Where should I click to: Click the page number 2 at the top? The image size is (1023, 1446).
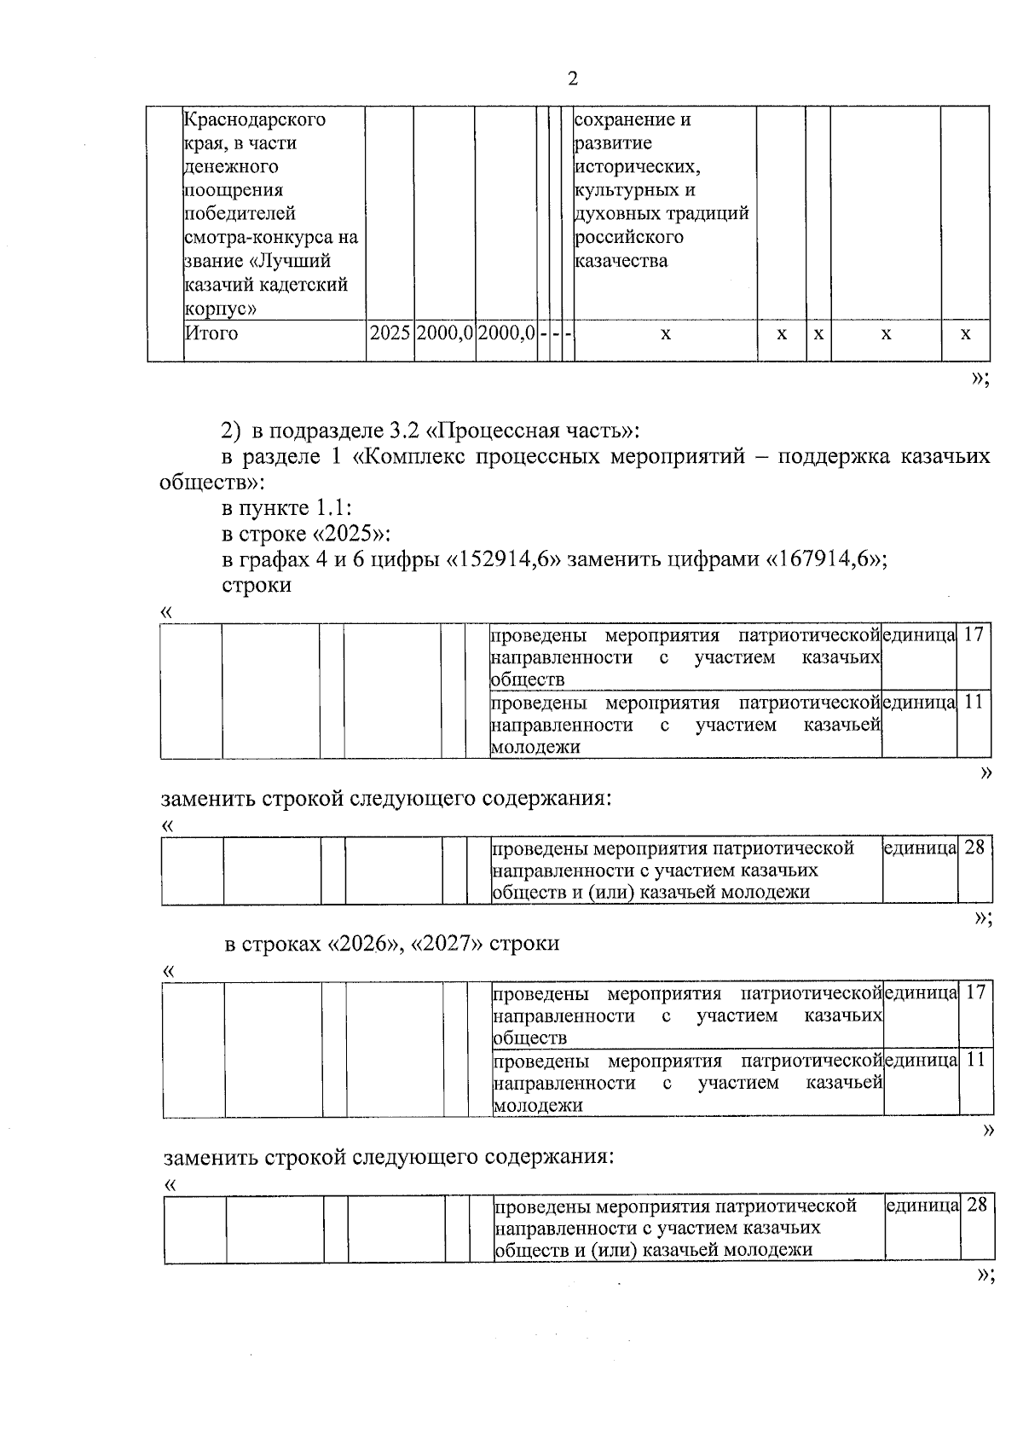click(572, 79)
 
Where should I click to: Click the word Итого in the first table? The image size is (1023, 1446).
click(212, 333)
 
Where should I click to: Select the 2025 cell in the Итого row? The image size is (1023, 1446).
click(390, 333)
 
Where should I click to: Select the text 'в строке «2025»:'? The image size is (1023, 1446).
click(306, 534)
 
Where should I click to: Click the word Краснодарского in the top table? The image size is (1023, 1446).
click(256, 119)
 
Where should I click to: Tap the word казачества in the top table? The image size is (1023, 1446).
click(621, 261)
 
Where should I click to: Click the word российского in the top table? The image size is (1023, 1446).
click(629, 237)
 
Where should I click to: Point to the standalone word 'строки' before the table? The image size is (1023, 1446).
click(257, 586)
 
